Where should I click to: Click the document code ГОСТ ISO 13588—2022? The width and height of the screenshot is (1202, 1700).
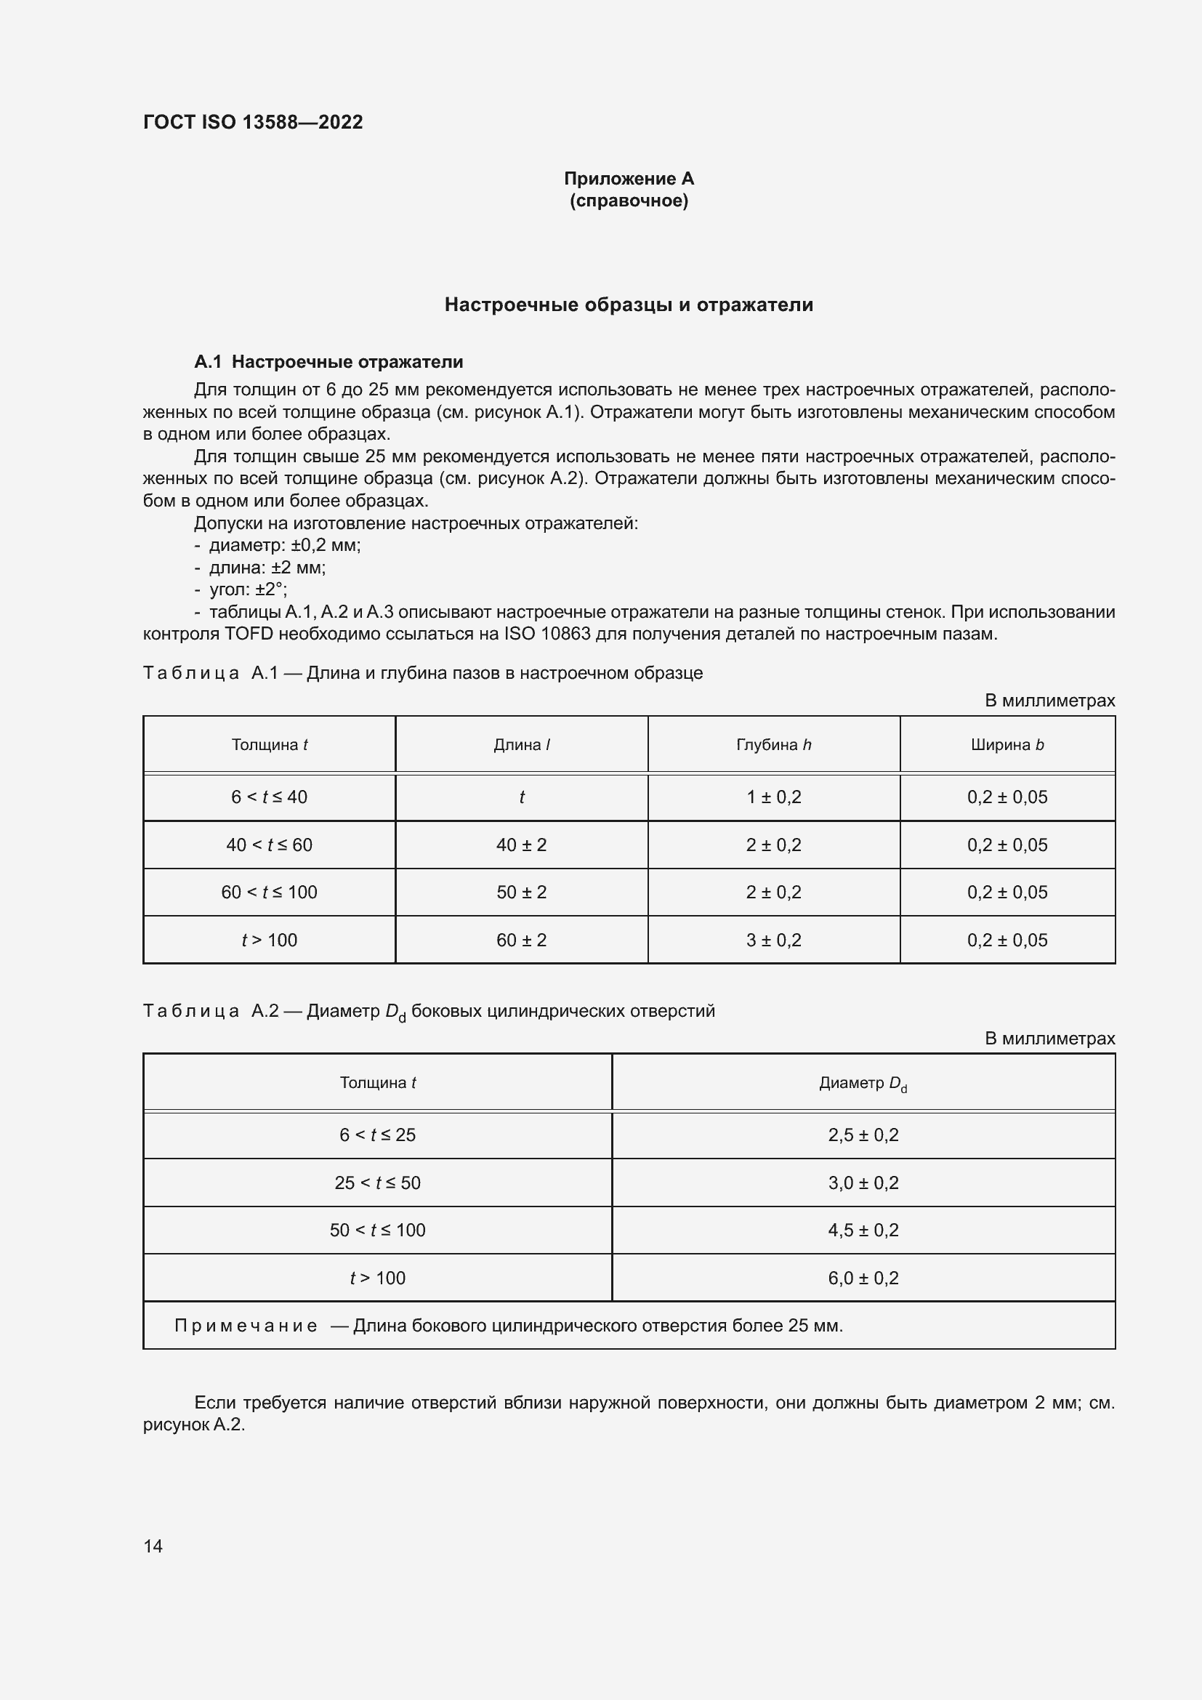(x=252, y=122)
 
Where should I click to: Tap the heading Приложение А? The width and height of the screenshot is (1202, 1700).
(x=629, y=179)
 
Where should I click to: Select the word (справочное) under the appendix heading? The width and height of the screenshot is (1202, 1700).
(x=629, y=201)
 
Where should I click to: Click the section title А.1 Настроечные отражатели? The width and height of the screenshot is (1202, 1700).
(x=328, y=362)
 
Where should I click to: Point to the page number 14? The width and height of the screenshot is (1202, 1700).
(x=153, y=1546)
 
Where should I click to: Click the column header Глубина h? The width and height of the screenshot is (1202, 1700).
(x=773, y=745)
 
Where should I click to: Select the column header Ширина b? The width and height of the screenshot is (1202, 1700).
(x=1007, y=745)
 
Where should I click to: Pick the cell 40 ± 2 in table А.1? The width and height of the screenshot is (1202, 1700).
(x=521, y=845)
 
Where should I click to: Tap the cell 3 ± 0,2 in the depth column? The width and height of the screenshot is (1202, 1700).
(x=773, y=940)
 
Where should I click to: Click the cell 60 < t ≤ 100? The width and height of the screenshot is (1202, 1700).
(x=269, y=893)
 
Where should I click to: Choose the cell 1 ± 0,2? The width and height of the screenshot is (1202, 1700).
(x=773, y=797)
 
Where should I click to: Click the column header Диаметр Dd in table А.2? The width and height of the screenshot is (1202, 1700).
(x=863, y=1083)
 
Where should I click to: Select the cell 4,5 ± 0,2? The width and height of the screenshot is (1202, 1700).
(x=863, y=1230)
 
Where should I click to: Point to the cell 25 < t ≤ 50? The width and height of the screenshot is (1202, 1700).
(x=377, y=1183)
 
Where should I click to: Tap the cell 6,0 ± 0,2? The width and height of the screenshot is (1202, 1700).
(x=863, y=1278)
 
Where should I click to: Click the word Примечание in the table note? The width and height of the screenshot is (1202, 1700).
(x=246, y=1326)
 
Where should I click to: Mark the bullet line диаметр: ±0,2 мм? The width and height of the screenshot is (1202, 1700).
(x=284, y=546)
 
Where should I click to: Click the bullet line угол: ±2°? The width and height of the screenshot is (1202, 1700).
(x=248, y=590)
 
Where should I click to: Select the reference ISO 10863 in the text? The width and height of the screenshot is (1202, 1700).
(x=547, y=635)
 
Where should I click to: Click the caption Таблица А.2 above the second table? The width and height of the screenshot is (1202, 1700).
(x=210, y=1012)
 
